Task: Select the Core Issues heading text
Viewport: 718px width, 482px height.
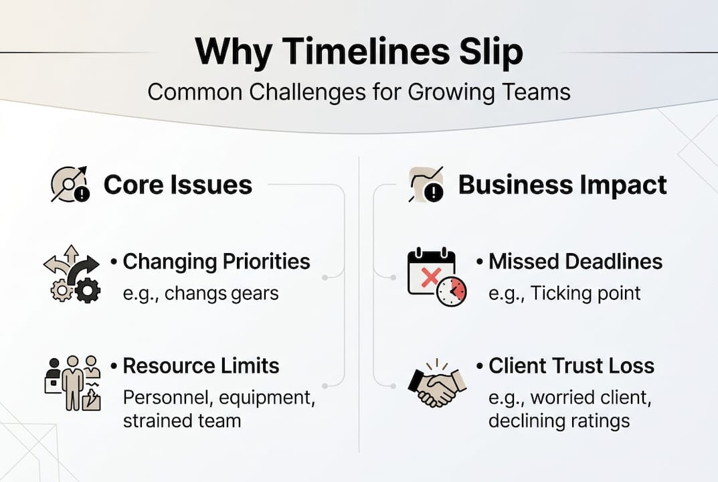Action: [177, 185]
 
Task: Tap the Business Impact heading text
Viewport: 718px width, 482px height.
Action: [562, 185]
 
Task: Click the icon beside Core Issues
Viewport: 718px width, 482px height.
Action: [70, 185]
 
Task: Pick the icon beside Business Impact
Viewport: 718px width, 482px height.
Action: [426, 185]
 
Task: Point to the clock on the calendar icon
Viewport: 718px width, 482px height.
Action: [452, 291]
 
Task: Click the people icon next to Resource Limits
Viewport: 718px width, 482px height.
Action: [72, 384]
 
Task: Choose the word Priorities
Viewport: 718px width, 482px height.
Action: [262, 261]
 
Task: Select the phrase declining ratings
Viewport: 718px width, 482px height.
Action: [559, 420]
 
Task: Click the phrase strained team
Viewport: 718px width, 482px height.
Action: [181, 420]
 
